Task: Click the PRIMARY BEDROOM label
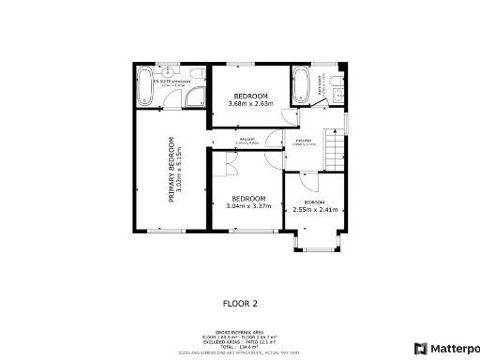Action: [x=171, y=170]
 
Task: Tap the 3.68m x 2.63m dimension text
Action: [x=251, y=104]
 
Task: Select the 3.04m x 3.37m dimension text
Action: [x=248, y=206]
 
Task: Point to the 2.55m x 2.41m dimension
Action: [x=314, y=210]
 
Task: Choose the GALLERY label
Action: [x=247, y=142]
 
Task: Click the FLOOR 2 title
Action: [x=239, y=303]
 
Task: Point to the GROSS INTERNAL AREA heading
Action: [x=239, y=331]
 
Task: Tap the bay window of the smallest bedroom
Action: [x=313, y=247]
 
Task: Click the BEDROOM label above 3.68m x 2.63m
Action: [x=251, y=97]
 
